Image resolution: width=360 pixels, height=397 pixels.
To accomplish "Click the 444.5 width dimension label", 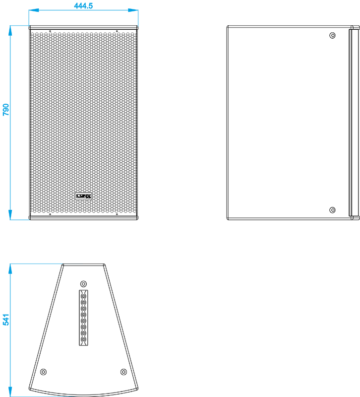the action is click(x=83, y=5).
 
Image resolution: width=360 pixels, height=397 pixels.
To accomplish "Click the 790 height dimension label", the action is click(x=5, y=110).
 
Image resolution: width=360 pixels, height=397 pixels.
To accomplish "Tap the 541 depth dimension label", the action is click(x=5, y=320).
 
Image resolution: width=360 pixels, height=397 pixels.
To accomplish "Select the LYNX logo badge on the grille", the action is click(x=84, y=196).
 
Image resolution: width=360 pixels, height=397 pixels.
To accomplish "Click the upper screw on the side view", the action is click(x=332, y=35).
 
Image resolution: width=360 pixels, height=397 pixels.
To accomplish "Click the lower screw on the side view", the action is click(x=332, y=210).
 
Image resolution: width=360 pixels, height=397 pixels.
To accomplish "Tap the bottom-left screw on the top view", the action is click(x=44, y=372).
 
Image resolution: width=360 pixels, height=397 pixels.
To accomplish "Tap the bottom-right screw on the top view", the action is click(x=123, y=372).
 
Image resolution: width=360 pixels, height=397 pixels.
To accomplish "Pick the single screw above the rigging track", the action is click(x=83, y=283).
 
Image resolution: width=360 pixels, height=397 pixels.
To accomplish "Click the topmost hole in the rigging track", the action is click(x=83, y=296).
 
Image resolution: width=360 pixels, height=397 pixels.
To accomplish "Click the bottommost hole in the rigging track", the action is click(x=83, y=339).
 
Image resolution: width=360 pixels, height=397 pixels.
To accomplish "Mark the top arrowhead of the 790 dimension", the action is click(x=10, y=30).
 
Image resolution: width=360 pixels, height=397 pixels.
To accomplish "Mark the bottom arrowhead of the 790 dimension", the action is click(x=10, y=215).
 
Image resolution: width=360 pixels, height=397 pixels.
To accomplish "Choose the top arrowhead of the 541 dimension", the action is click(x=10, y=268).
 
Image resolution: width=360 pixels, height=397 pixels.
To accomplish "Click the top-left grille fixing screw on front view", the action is click(x=50, y=31).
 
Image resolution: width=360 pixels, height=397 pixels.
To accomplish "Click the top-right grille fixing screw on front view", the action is click(x=117, y=31).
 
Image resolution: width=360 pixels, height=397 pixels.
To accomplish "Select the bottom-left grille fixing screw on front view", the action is click(x=50, y=214).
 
